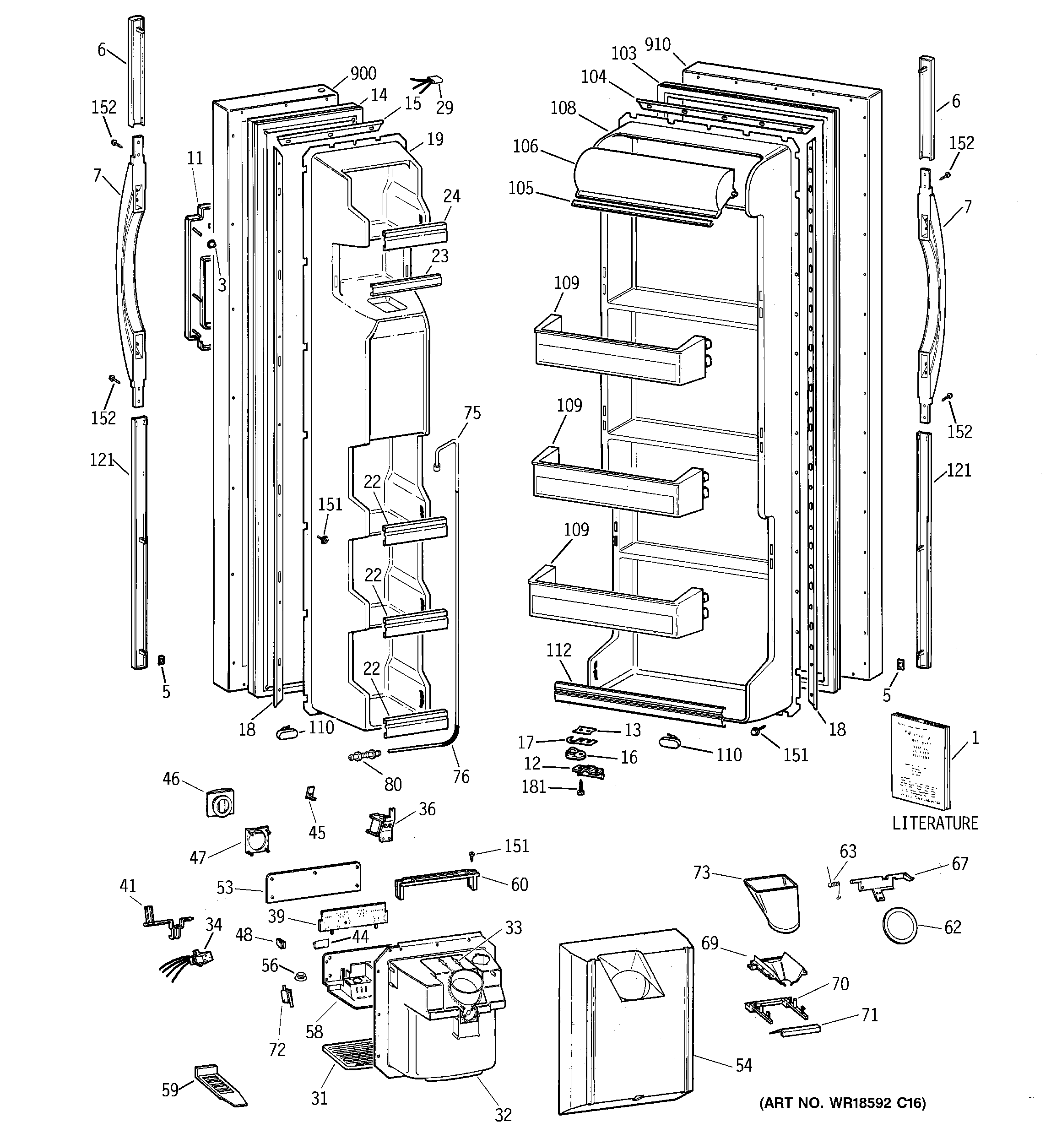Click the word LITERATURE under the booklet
click(x=935, y=823)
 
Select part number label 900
click(x=363, y=73)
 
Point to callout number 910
click(x=657, y=44)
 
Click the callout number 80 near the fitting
click(x=393, y=784)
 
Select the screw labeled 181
click(x=580, y=789)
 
